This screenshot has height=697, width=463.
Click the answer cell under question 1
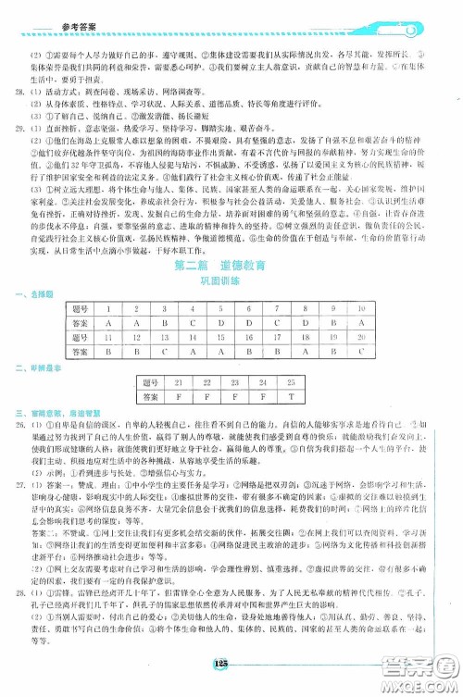coord(135,322)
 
